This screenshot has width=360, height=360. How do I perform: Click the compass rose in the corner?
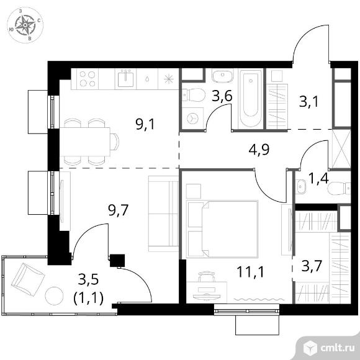(25, 25)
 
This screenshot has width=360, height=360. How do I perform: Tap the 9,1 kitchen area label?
(145, 125)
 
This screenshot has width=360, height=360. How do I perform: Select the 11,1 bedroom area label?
(250, 272)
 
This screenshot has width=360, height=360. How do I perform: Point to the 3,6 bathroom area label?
(222, 96)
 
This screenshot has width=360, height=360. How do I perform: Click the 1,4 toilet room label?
(318, 179)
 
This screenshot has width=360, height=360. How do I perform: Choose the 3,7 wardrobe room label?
(312, 266)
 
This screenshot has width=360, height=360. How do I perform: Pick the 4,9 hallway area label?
(259, 150)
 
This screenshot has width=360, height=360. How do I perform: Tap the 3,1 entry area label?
(309, 102)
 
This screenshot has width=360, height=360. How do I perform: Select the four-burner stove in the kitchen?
(88, 79)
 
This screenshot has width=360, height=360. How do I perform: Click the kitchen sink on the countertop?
(125, 79)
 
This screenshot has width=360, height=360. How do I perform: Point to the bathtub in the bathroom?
(251, 99)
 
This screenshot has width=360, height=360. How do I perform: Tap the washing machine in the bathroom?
(192, 119)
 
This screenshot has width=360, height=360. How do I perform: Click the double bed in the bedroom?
(222, 229)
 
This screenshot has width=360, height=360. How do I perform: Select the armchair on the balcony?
(28, 280)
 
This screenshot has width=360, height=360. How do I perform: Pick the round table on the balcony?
(54, 296)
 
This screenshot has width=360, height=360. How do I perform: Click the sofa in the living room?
(163, 214)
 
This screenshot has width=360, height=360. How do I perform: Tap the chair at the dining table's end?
(114, 142)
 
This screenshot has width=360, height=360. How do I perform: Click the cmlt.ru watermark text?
(337, 348)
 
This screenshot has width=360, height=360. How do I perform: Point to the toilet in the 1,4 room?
(339, 189)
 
